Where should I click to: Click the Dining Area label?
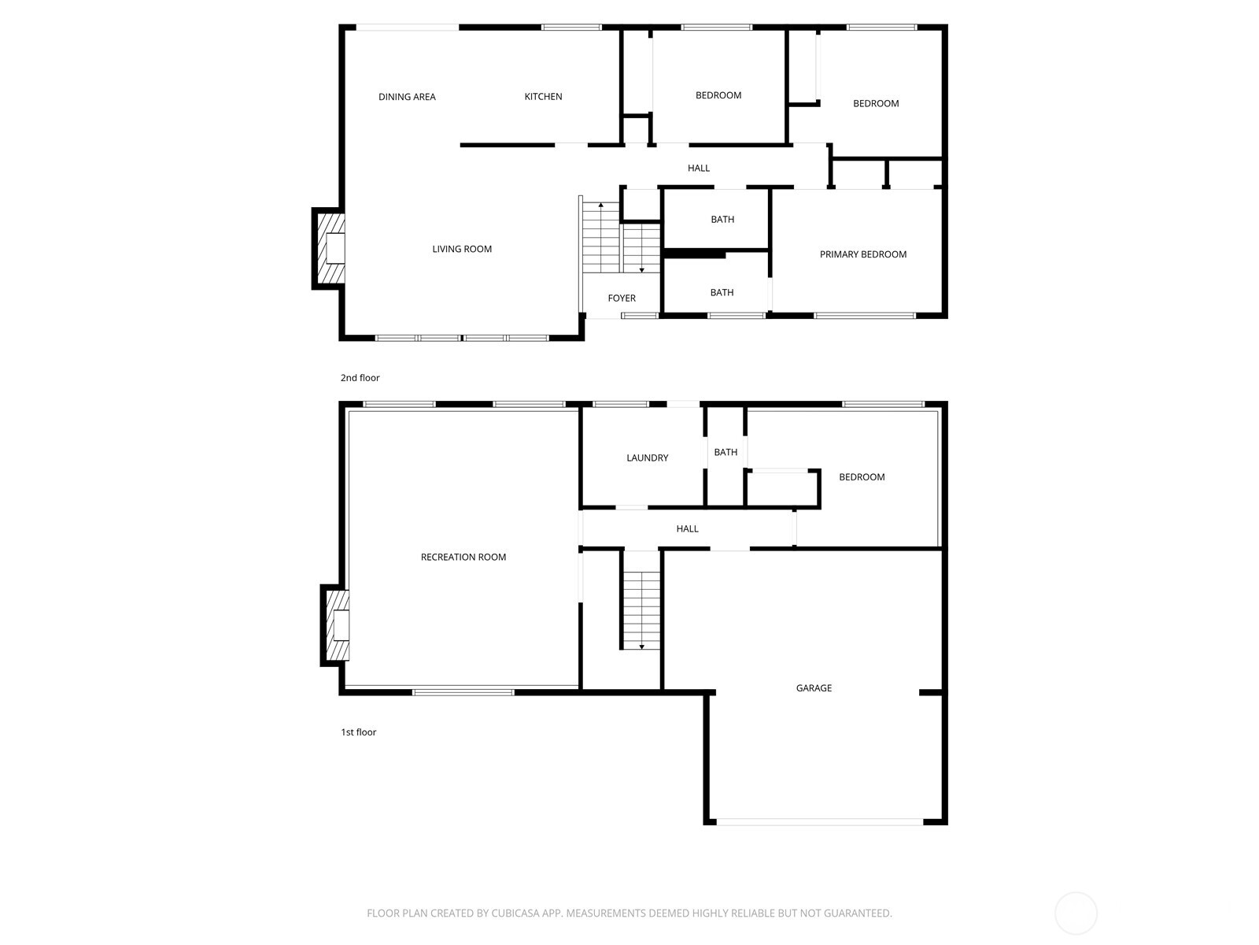pyautogui.click(x=407, y=97)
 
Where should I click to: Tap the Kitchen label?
pyautogui.click(x=543, y=97)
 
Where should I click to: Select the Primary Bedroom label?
pyautogui.click(x=862, y=254)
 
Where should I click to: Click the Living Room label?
pyautogui.click(x=462, y=249)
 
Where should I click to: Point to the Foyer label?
pyautogui.click(x=622, y=298)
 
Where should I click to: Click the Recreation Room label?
pyautogui.click(x=463, y=557)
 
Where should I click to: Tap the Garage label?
pyautogui.click(x=814, y=688)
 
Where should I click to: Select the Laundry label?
pyautogui.click(x=647, y=458)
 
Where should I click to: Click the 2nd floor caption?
pyautogui.click(x=360, y=378)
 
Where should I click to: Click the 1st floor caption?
pyautogui.click(x=358, y=732)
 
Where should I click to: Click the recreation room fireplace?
pyautogui.click(x=337, y=625)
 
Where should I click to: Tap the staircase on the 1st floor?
pyautogui.click(x=641, y=601)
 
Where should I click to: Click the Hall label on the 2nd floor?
pyautogui.click(x=698, y=168)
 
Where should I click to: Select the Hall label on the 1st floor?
pyautogui.click(x=687, y=529)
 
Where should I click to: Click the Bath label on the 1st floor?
pyautogui.click(x=725, y=452)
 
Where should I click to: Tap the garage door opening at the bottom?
pyautogui.click(x=818, y=822)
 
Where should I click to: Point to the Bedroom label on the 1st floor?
pyautogui.click(x=862, y=477)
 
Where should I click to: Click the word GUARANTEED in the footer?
pyautogui.click(x=855, y=913)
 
